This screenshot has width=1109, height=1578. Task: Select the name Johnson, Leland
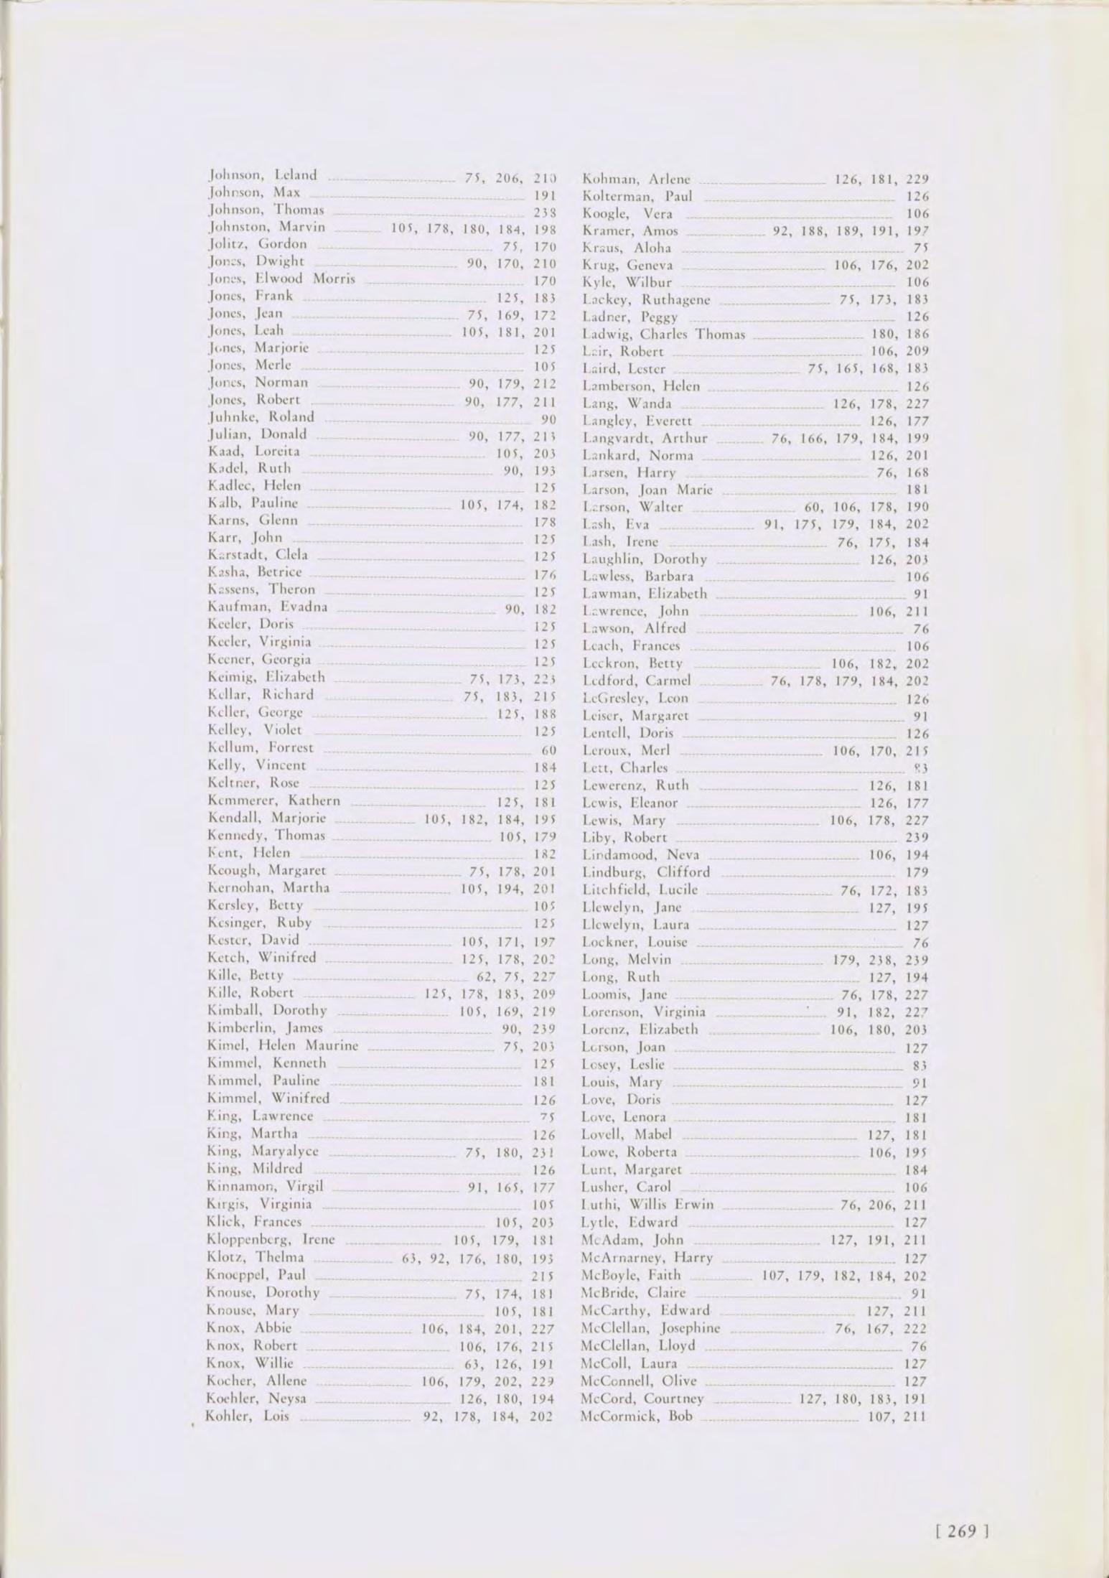coord(261,174)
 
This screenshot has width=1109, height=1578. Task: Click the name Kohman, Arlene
coord(637,179)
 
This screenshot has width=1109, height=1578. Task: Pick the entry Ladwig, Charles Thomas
coord(664,334)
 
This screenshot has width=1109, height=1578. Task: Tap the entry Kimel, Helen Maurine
coord(282,1045)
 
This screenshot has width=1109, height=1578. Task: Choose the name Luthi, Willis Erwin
coord(647,1204)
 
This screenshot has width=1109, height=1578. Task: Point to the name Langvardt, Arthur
coord(645,438)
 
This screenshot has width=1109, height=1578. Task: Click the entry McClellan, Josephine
coord(650,1328)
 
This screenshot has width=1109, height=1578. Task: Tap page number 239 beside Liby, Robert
coord(917,838)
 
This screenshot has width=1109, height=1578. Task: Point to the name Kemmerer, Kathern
coord(273,800)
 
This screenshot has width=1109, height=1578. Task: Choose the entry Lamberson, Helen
coord(641,386)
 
